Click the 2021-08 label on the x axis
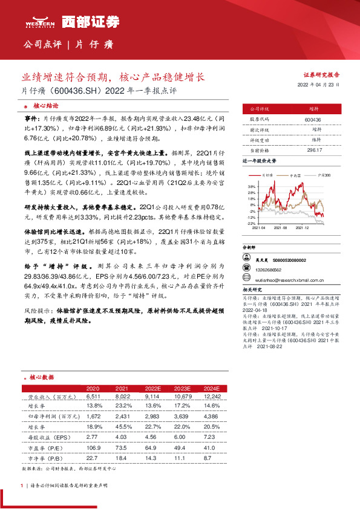281,228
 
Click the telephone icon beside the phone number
246,269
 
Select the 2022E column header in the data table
153,387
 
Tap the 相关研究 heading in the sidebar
252,290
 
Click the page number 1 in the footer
22,486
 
